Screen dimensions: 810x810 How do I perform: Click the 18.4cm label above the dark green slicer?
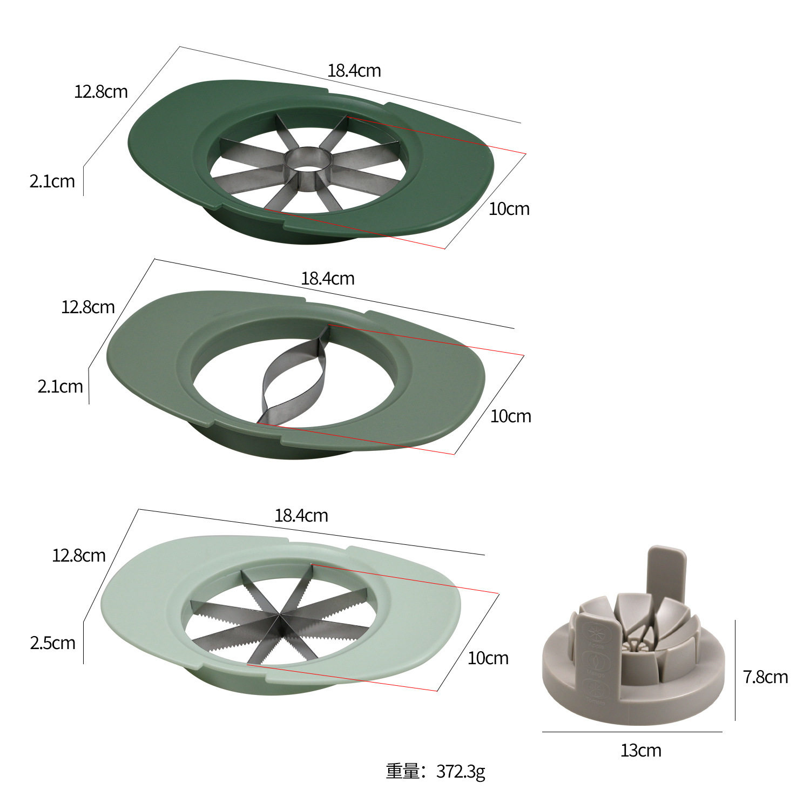click(x=354, y=71)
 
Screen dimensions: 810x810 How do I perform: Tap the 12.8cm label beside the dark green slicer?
click(x=101, y=91)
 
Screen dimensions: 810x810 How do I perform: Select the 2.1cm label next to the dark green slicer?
click(x=52, y=181)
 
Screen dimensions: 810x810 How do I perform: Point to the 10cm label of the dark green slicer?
click(x=509, y=209)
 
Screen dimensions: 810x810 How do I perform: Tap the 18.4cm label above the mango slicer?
click(x=328, y=279)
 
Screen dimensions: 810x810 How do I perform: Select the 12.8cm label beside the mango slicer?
click(x=88, y=307)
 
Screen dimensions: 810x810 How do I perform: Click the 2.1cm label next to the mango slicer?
click(x=60, y=387)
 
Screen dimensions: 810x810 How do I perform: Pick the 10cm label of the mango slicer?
click(x=510, y=416)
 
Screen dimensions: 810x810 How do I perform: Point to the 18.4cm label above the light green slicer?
click(x=301, y=516)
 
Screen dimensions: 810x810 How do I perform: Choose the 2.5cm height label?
click(x=52, y=643)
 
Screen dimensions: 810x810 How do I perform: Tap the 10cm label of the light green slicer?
click(x=488, y=658)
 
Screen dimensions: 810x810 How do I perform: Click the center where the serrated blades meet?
click(x=279, y=616)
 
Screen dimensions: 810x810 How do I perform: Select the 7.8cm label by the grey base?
click(x=765, y=677)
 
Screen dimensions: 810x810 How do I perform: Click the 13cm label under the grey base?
click(x=640, y=751)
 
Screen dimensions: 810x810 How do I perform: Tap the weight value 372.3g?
click(x=460, y=772)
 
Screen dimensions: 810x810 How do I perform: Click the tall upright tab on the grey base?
click(x=666, y=572)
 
